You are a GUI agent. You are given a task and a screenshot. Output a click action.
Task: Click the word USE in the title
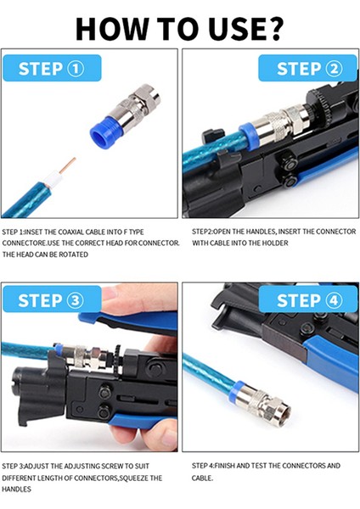coord(236,29)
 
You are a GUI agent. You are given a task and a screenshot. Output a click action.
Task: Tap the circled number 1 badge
coord(76,69)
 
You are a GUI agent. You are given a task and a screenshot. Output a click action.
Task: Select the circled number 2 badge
coord(334,69)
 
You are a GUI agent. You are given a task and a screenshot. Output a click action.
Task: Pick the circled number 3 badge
coord(75,300)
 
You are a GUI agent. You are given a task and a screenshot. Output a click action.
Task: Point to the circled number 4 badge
coord(334,300)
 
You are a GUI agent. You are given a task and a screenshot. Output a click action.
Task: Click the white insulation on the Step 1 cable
coord(53,179)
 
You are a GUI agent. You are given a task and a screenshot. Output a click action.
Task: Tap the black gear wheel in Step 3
coord(117,359)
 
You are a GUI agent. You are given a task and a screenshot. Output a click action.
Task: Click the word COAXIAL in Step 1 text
coord(70,232)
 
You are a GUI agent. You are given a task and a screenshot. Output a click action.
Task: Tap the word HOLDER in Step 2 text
coord(276,243)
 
